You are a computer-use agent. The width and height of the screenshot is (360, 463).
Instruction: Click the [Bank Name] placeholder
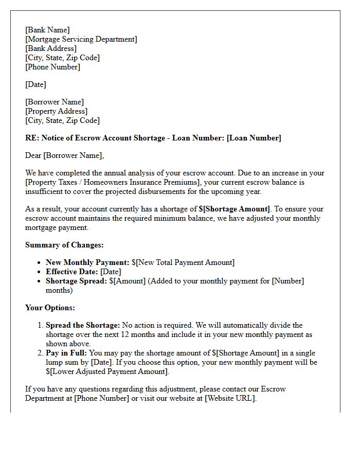(47, 30)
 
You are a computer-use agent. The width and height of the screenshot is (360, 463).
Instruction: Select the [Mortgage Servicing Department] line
(81, 39)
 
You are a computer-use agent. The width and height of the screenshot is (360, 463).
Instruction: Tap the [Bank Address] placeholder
(51, 48)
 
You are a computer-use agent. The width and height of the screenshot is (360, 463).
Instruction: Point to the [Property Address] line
(57, 111)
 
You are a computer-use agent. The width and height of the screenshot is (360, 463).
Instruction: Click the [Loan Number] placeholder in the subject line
(254, 138)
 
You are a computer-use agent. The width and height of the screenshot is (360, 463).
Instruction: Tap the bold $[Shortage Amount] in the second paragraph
(234, 209)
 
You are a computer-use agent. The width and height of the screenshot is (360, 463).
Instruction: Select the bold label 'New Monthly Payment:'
(87, 262)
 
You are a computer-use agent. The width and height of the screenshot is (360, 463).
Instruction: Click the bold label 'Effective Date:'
(72, 272)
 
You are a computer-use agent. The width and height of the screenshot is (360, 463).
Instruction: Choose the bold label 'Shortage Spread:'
(76, 281)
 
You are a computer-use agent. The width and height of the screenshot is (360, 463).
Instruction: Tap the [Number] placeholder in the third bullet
(288, 281)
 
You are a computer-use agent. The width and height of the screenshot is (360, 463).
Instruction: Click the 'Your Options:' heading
(50, 308)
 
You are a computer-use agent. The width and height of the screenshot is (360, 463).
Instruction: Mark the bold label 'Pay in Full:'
(66, 353)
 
